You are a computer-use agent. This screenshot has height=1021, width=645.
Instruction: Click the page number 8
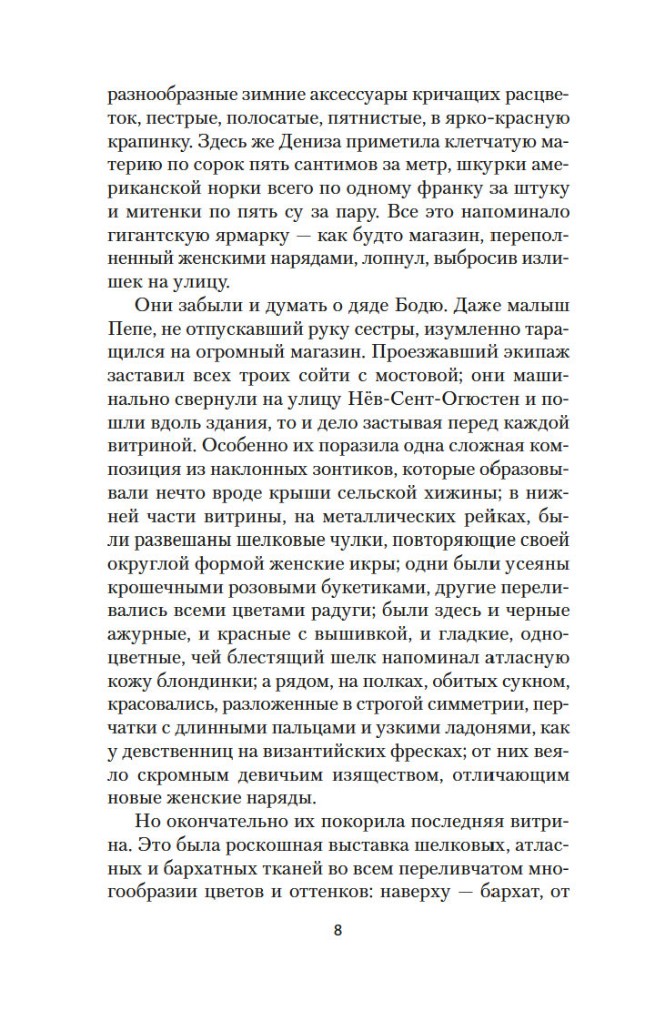click(338, 930)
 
